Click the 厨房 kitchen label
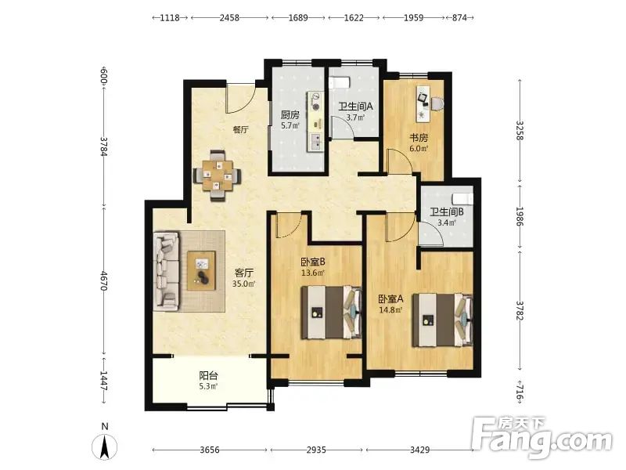tap(290, 115)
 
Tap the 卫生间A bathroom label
tap(355, 107)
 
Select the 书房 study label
tap(419, 138)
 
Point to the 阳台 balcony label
tap(208, 376)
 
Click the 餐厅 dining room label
tap(241, 130)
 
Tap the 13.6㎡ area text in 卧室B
tap(312, 273)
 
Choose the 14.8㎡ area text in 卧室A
tap(390, 309)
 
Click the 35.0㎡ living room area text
tap(244, 284)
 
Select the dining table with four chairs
tap(218, 175)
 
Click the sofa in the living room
tap(167, 270)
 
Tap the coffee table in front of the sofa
tap(201, 270)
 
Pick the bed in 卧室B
tap(331, 312)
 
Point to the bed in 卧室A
tap(443, 320)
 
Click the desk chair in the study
tap(437, 103)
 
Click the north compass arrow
tap(105, 446)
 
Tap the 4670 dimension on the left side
tap(104, 281)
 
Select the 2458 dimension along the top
tap(229, 17)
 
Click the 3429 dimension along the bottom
tap(420, 450)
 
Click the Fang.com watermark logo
tap(541, 438)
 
